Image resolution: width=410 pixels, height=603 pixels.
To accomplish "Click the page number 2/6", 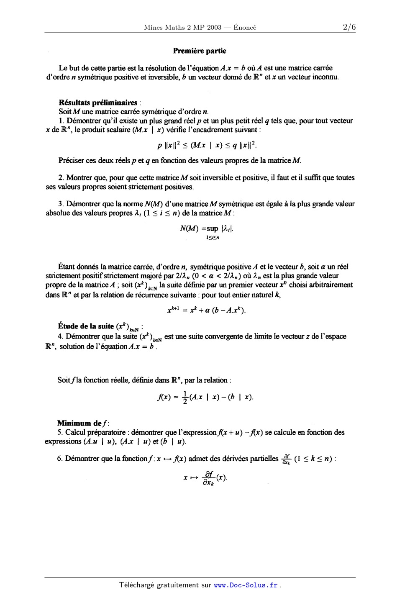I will (349, 28).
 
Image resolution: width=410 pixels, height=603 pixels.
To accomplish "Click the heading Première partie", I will (200, 51).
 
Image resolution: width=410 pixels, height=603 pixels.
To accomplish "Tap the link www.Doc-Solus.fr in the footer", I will (246, 585).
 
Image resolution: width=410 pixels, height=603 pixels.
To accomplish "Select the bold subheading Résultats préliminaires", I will (98, 103).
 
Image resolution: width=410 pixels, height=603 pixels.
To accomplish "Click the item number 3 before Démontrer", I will (61, 204).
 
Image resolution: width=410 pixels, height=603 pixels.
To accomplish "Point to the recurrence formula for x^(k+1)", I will (206, 310).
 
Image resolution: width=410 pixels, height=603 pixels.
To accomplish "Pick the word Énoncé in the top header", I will (245, 28).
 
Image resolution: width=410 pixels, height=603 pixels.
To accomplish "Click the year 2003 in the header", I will (213, 28).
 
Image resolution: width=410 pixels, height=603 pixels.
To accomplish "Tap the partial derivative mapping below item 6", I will (206, 477).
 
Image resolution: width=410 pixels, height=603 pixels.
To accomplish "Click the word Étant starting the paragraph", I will (67, 267).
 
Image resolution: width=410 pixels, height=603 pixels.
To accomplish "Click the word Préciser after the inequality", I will (72, 161).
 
